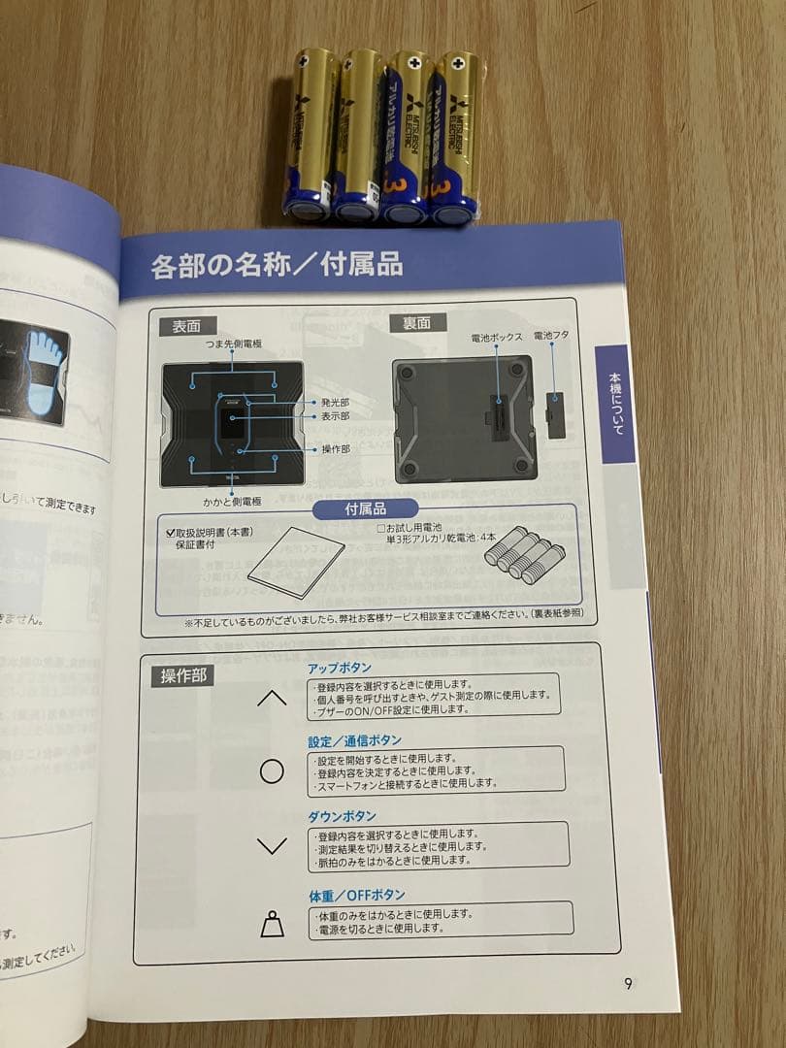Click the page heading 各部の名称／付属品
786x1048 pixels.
coord(277,267)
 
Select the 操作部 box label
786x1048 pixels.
coord(182,676)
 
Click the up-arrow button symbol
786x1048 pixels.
coord(273,699)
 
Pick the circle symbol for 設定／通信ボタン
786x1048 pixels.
coord(273,771)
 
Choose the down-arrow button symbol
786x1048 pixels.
coord(273,845)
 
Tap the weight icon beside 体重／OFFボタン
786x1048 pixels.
coord(273,926)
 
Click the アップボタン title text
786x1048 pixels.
coord(340,669)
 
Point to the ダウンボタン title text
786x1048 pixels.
coord(343,816)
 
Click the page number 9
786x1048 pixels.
coord(629,983)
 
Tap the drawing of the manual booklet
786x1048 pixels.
coord(296,568)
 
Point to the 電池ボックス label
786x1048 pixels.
coord(497,338)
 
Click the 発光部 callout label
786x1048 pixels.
coord(335,402)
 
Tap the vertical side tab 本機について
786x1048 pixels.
coord(613,404)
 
